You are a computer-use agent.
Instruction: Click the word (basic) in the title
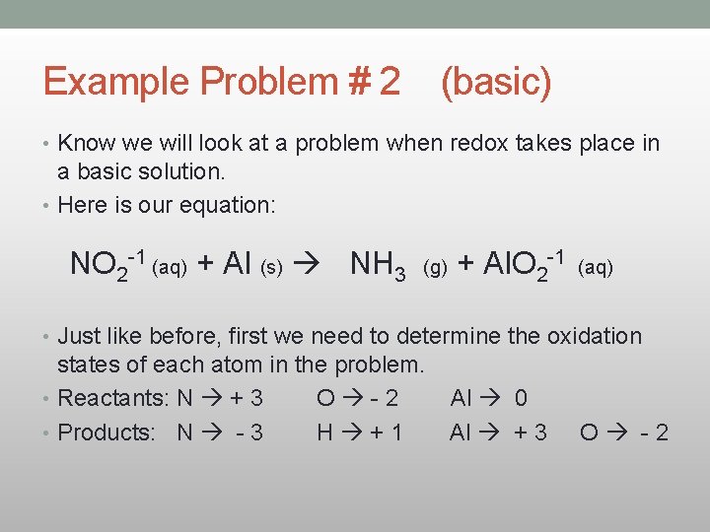[496, 82]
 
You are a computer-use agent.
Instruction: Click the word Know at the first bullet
[87, 143]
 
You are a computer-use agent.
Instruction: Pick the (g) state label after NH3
[435, 268]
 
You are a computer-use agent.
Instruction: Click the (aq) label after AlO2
[595, 268]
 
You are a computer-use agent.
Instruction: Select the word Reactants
[111, 398]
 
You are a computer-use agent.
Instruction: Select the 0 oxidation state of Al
[521, 398]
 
